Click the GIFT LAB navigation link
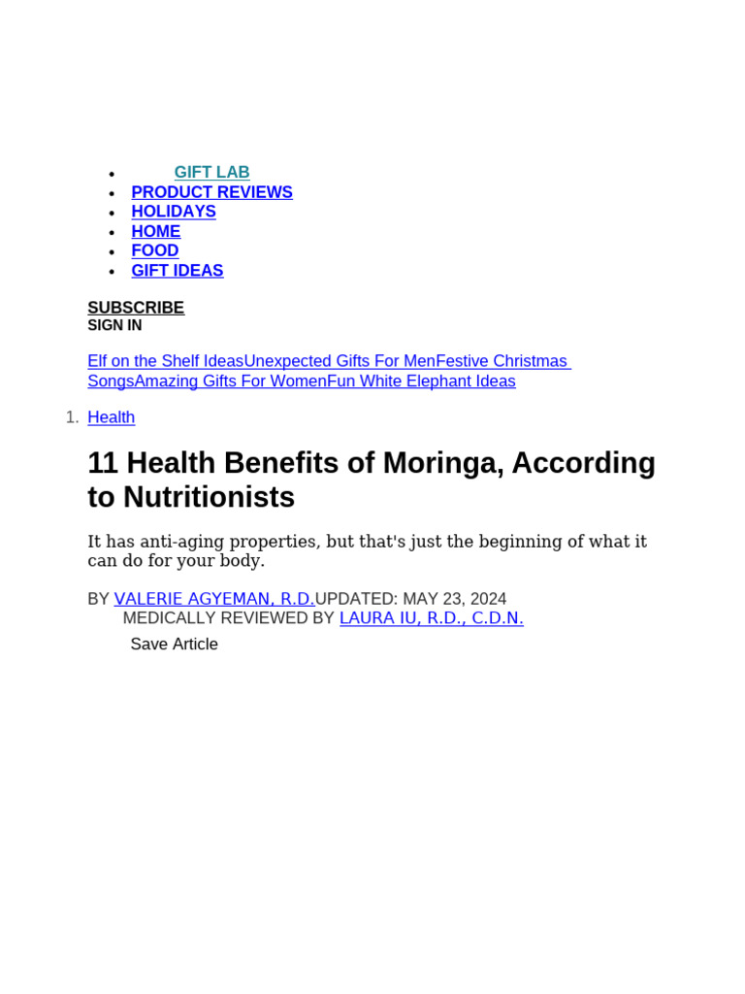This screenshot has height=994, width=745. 211,173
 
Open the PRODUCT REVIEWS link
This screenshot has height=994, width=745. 211,192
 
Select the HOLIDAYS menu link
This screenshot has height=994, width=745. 174,212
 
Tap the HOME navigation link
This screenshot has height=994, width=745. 156,231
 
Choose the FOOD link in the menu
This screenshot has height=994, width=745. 155,250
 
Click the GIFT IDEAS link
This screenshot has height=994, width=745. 178,271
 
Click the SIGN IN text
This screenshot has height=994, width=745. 114,326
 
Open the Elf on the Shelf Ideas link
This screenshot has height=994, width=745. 165,361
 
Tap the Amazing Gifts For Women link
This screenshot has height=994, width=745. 231,381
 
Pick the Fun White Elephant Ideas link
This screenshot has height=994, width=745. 421,381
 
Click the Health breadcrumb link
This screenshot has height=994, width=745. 112,417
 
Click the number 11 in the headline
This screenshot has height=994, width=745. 103,463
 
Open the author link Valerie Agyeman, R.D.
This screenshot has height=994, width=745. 214,599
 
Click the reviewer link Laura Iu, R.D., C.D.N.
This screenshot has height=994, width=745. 431,618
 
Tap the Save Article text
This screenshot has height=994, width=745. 175,645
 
